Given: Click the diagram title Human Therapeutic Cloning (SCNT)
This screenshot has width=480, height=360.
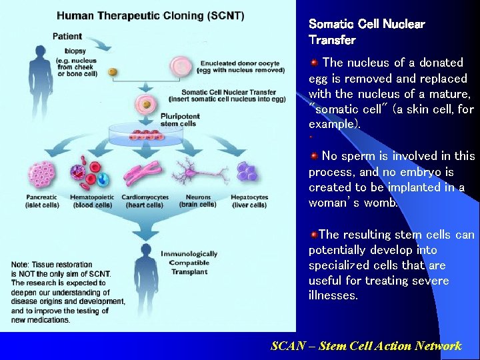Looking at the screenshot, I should point(150,15).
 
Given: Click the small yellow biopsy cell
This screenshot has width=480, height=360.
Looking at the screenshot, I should point(113,71).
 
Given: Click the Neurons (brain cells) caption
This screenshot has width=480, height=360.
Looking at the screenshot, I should point(198,201).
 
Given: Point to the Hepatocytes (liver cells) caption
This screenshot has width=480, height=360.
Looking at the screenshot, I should point(249,201).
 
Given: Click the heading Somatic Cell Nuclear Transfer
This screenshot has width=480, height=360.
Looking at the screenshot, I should point(366,32).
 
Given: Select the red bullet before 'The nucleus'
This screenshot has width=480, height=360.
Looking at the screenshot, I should point(313,63).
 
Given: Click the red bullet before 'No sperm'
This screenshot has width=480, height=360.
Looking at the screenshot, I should point(313,156).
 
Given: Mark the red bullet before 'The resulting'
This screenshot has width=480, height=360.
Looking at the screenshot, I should point(313,235).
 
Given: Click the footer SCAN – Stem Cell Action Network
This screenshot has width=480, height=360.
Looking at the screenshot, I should point(366,345).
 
